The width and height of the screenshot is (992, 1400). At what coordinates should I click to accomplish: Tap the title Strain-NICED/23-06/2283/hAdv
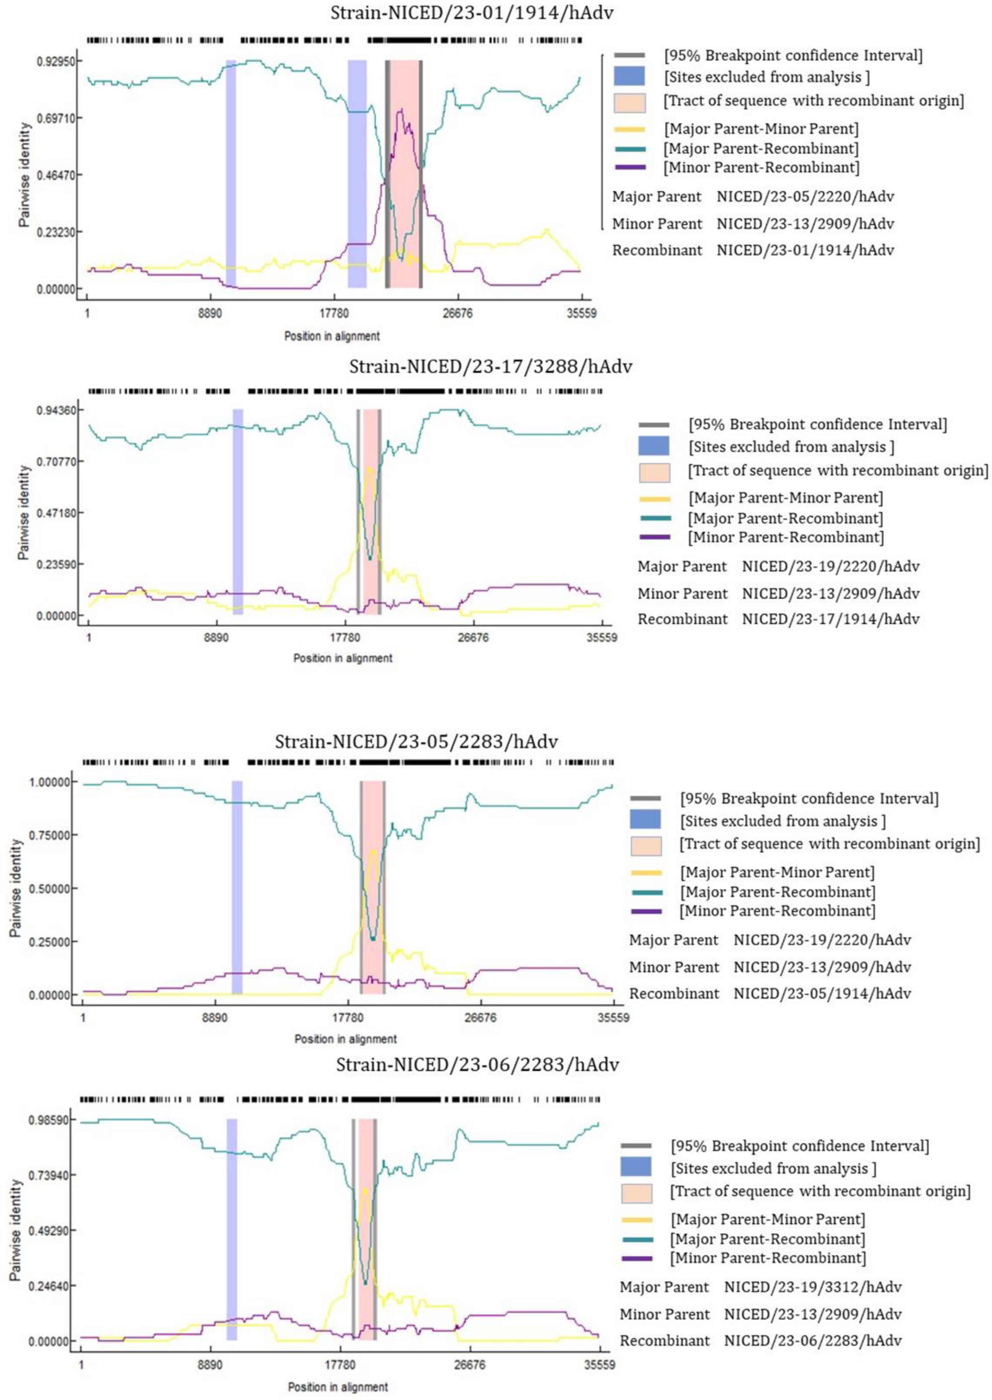477,1065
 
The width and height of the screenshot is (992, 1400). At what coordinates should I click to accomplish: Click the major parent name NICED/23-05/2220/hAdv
805,197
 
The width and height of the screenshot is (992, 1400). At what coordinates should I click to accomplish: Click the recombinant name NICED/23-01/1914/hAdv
805,250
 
